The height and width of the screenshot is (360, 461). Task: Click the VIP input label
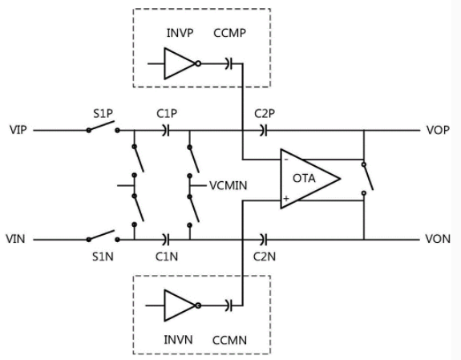coord(18,130)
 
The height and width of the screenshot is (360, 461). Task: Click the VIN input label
coord(15,239)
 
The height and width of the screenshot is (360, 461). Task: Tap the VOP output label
coord(438,130)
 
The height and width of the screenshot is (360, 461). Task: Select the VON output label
coord(438,239)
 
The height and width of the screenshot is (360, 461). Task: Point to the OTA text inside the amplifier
coord(304,178)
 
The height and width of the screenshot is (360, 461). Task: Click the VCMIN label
coord(228,185)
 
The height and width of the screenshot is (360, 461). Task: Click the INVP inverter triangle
coord(180,63)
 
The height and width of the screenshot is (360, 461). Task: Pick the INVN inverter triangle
coord(180,305)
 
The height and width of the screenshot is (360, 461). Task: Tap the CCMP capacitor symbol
coord(229,63)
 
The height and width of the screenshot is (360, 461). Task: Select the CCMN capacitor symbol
coord(229,305)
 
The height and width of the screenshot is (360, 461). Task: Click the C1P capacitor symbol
coord(166,131)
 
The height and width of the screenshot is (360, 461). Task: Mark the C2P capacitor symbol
coord(264,131)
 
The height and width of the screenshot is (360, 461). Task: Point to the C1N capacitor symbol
coord(166,240)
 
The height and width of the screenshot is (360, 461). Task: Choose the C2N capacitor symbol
coord(264,240)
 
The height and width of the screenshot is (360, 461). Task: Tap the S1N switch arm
coord(101,235)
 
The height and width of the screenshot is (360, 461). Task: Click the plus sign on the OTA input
coord(286,199)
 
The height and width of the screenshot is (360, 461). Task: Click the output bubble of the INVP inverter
coord(198,63)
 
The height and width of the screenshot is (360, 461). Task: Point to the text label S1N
coord(103,257)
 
